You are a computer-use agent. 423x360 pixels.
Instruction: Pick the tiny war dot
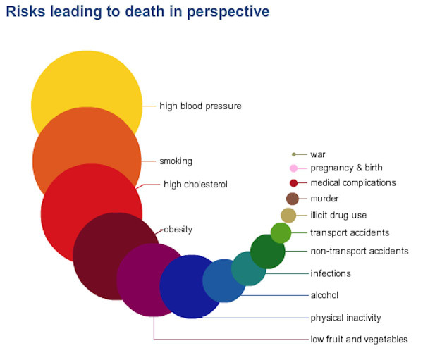[294, 154]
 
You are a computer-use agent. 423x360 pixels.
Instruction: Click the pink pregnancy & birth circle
[293, 168]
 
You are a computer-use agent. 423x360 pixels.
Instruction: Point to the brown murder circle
[293, 199]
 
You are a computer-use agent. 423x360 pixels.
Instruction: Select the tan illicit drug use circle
[288, 216]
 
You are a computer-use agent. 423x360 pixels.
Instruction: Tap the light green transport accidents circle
[281, 233]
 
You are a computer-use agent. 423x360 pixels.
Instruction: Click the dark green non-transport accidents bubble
[268, 252]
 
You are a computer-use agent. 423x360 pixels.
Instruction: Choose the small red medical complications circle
[293, 183]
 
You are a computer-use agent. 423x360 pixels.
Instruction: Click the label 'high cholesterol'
[195, 185]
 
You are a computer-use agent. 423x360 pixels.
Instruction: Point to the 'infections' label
[331, 273]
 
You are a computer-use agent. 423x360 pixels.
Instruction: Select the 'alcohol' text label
[324, 295]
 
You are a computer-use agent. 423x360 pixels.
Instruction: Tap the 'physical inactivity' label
[346, 318]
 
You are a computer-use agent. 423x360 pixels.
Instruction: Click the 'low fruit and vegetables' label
[359, 340]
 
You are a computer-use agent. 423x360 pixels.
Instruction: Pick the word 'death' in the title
[145, 12]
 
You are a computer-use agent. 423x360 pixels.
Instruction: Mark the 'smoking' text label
[176, 161]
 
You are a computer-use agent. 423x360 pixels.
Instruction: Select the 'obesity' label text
[178, 230]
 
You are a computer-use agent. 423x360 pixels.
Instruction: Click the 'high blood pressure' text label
[200, 106]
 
